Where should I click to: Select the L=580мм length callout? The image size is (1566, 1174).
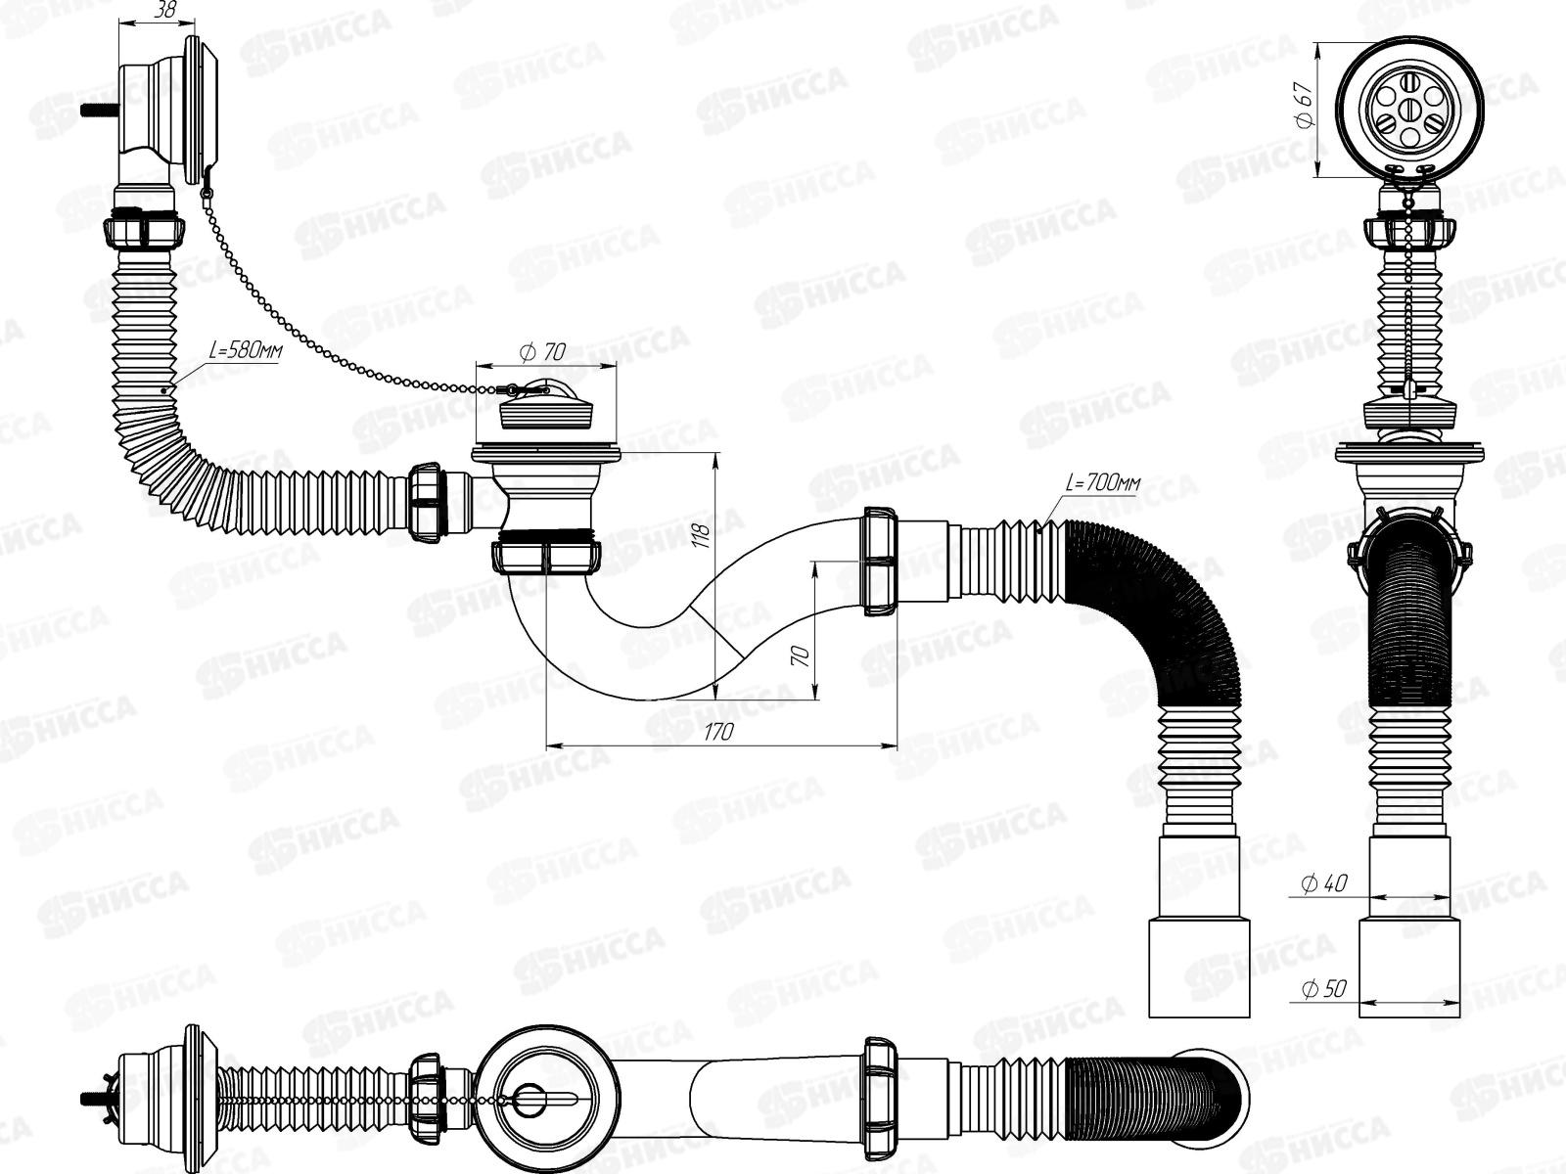(246, 350)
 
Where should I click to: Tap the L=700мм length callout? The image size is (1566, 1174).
(1103, 484)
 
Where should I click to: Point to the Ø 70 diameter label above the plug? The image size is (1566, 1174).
(543, 351)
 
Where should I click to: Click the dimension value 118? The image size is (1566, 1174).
(701, 534)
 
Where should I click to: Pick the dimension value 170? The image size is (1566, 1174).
(718, 732)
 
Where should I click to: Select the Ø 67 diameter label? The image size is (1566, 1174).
(1304, 106)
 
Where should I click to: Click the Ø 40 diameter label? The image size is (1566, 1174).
(1324, 883)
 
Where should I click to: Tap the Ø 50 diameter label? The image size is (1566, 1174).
(1324, 989)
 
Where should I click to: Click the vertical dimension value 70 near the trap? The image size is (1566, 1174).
(801, 655)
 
